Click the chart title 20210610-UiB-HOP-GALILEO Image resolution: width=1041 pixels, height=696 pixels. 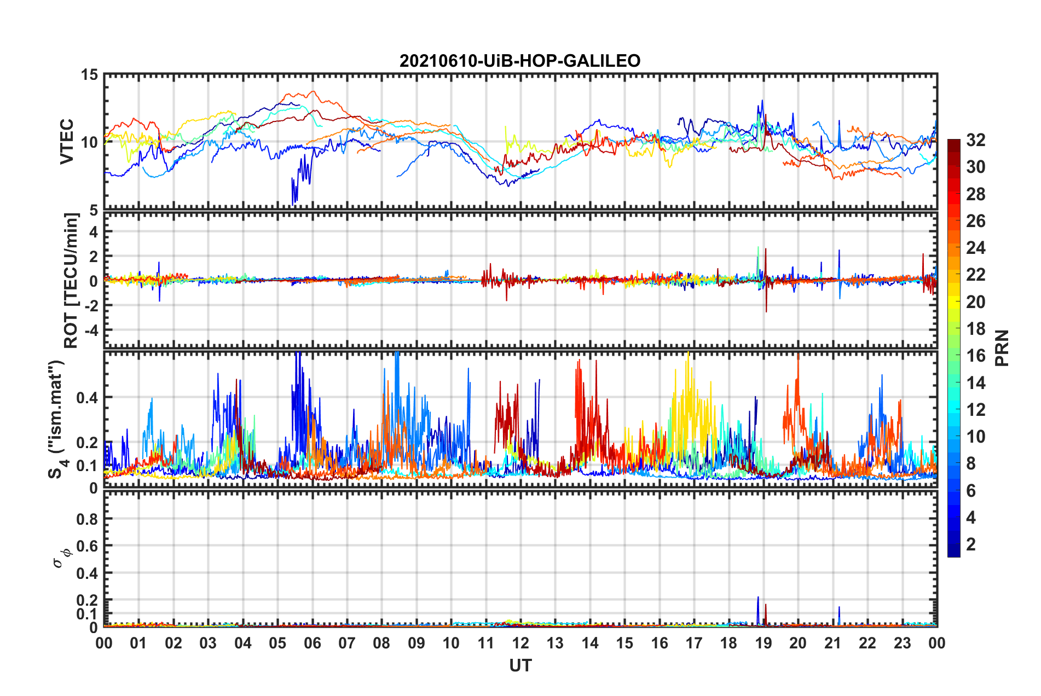520,61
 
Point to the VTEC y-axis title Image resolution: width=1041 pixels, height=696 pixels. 67,141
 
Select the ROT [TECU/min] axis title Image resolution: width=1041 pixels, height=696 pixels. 71,281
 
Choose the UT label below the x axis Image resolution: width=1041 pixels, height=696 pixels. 520,665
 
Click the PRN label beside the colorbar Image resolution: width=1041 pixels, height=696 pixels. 1002,348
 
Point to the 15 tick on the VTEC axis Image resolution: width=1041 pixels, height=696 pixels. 89,74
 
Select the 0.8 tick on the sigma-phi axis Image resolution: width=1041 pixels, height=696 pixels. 87,519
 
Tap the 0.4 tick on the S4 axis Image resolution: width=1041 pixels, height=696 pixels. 87,398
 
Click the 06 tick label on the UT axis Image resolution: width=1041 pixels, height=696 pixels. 312,643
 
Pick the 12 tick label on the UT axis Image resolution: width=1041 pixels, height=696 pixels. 520,643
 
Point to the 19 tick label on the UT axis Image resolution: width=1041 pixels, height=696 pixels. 764,643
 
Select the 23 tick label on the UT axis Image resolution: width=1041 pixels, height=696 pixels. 902,643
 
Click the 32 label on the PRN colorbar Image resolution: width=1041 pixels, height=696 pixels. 976,140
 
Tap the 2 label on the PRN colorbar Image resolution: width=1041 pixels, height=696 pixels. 971,544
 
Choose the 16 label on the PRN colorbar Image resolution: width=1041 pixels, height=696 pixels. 976,356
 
